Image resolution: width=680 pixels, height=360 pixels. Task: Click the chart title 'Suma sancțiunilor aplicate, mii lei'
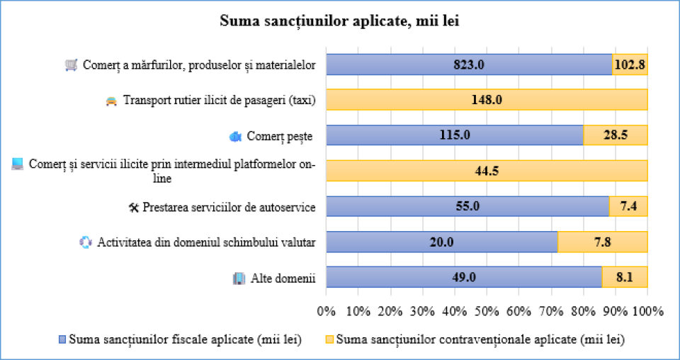coord(340,21)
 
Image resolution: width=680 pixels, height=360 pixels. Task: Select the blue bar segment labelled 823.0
coord(469,64)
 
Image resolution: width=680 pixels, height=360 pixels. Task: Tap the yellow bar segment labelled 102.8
coord(630,64)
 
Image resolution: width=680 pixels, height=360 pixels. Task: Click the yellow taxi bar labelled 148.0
coord(487,100)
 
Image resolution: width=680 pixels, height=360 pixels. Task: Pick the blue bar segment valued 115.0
coord(454,135)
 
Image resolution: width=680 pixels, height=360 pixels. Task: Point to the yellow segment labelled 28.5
coord(615,135)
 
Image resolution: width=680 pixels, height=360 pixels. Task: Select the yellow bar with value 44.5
coord(487,171)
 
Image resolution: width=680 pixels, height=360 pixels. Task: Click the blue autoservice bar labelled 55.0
coord(467,206)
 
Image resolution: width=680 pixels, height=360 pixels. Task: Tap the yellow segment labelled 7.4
coord(628,206)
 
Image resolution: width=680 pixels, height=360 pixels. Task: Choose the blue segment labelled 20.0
coord(442,242)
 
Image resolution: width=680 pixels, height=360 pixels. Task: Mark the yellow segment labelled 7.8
coord(603,242)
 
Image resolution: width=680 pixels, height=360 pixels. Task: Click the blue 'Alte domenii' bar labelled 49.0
coord(464,277)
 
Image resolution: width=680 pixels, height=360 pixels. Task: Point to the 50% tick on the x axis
coord(487,311)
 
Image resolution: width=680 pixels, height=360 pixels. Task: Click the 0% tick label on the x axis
coord(326,311)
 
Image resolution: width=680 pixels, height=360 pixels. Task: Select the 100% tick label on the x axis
coord(647,311)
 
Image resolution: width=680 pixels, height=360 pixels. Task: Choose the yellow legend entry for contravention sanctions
coord(474,339)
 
